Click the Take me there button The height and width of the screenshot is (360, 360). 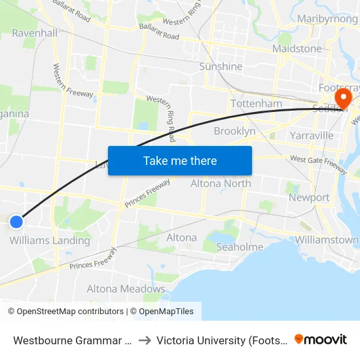coord(180,160)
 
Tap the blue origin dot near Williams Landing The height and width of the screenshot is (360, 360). coord(16,222)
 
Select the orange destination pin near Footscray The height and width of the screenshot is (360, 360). coord(342,99)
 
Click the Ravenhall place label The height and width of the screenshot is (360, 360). coord(34,33)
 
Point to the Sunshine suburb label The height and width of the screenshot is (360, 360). coord(221,66)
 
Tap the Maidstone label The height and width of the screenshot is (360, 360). coord(297,48)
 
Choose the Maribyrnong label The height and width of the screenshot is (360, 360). coord(327,18)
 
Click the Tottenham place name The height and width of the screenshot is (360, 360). coord(256,103)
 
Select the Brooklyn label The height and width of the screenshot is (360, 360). coord(234,131)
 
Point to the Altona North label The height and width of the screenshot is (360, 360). coord(221,183)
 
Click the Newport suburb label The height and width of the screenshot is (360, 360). coord(309,197)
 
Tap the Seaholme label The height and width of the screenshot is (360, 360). coord(240,247)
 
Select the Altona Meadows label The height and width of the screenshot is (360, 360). coord(126,289)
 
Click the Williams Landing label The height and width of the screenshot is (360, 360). coord(50,240)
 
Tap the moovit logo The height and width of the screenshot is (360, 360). coord(321,339)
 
